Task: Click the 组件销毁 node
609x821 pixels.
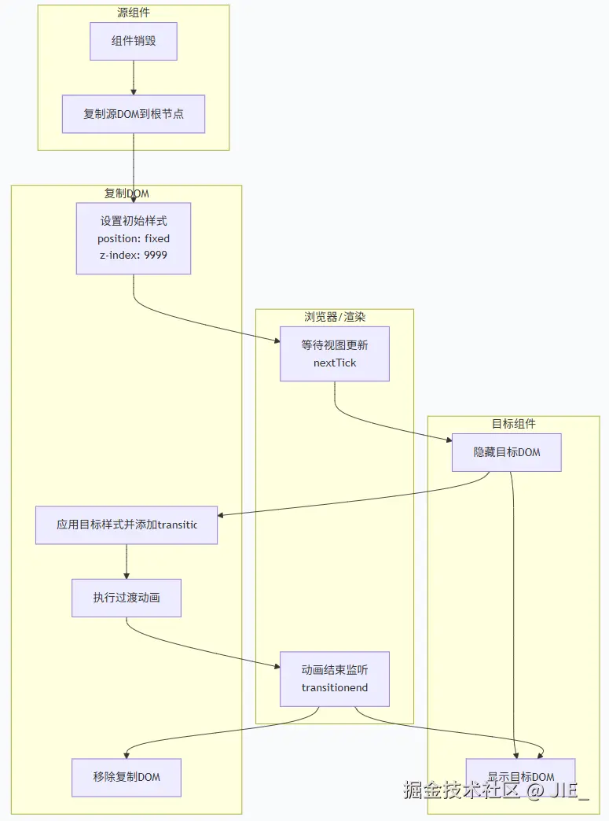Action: [134, 41]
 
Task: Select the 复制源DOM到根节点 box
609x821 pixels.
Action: [134, 114]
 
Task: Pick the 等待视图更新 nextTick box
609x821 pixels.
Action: [335, 354]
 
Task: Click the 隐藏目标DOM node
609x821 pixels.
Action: [507, 452]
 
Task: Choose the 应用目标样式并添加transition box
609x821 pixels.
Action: [127, 525]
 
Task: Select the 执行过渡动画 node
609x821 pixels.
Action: [127, 598]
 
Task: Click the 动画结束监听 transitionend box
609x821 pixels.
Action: [335, 679]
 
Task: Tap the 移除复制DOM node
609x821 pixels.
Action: [127, 777]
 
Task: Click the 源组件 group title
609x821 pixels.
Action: [134, 12]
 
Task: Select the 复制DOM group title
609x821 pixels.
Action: [127, 193]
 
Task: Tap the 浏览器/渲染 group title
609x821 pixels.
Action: [335, 317]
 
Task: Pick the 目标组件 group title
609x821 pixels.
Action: [514, 423]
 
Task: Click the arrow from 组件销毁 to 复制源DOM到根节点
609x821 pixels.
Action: [134, 78]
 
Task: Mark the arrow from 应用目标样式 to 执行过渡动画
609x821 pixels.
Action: [127, 561]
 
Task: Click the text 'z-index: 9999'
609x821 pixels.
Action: [134, 255]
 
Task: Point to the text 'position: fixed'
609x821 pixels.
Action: [134, 238]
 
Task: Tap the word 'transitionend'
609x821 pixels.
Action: [335, 687]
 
